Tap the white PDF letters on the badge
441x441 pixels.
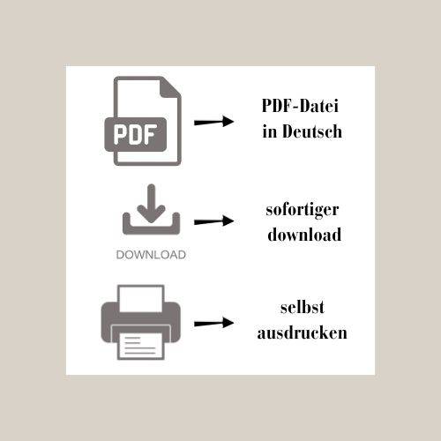[135, 135]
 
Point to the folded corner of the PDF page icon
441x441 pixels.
[171, 87]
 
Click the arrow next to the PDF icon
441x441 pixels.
[213, 122]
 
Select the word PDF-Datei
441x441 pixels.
[300, 106]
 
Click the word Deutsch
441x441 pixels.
[312, 131]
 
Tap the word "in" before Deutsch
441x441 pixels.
[270, 131]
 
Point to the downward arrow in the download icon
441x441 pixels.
[151, 203]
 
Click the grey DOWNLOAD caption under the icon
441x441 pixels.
[151, 255]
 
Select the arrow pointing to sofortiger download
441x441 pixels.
[213, 220]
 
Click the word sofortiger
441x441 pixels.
[303, 210]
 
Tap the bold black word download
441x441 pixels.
[304, 235]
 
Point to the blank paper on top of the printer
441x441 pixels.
[141, 298]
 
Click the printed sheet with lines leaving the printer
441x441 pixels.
[141, 346]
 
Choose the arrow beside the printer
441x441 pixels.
[213, 323]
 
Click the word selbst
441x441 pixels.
[303, 308]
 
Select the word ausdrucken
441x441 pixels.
[303, 333]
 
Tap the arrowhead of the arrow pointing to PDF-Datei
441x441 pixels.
[228, 122]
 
